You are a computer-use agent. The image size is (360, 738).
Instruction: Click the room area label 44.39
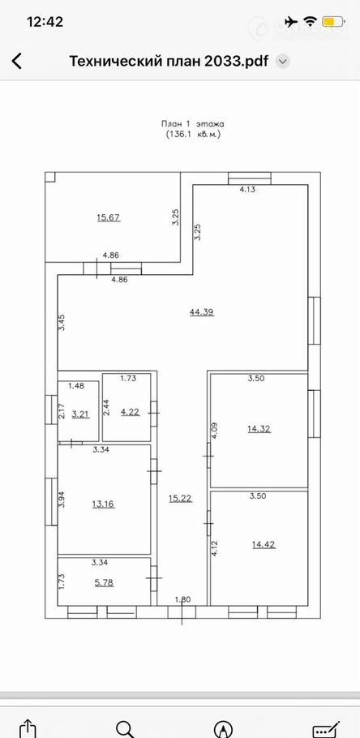pyautogui.click(x=202, y=311)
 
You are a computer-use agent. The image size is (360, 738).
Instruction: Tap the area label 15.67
pyautogui.click(x=109, y=217)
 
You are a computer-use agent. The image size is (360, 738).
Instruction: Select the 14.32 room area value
pyautogui.click(x=259, y=429)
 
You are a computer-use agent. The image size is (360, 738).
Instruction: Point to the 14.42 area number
pyautogui.click(x=264, y=545)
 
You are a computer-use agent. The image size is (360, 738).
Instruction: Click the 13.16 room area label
pyautogui.click(x=104, y=504)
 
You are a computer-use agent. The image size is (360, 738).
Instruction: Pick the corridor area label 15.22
pyautogui.click(x=180, y=499)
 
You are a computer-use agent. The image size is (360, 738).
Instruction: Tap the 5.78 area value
pyautogui.click(x=104, y=582)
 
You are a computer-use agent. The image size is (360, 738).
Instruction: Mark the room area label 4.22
pyautogui.click(x=129, y=411)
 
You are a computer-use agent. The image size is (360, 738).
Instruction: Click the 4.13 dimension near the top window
pyautogui.click(x=247, y=190)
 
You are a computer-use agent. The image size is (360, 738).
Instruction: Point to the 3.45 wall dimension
pyautogui.click(x=62, y=324)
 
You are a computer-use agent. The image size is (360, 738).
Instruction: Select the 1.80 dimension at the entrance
pyautogui.click(x=182, y=599)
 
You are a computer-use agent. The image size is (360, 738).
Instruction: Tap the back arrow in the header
pyautogui.click(x=17, y=61)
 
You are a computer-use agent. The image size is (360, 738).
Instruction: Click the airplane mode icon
pyautogui.click(x=291, y=22)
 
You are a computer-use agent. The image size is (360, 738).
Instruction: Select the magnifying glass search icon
pyautogui.click(x=126, y=729)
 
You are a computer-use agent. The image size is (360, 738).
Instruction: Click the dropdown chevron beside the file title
pyautogui.click(x=282, y=62)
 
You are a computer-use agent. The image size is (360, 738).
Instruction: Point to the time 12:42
pyautogui.click(x=45, y=22)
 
